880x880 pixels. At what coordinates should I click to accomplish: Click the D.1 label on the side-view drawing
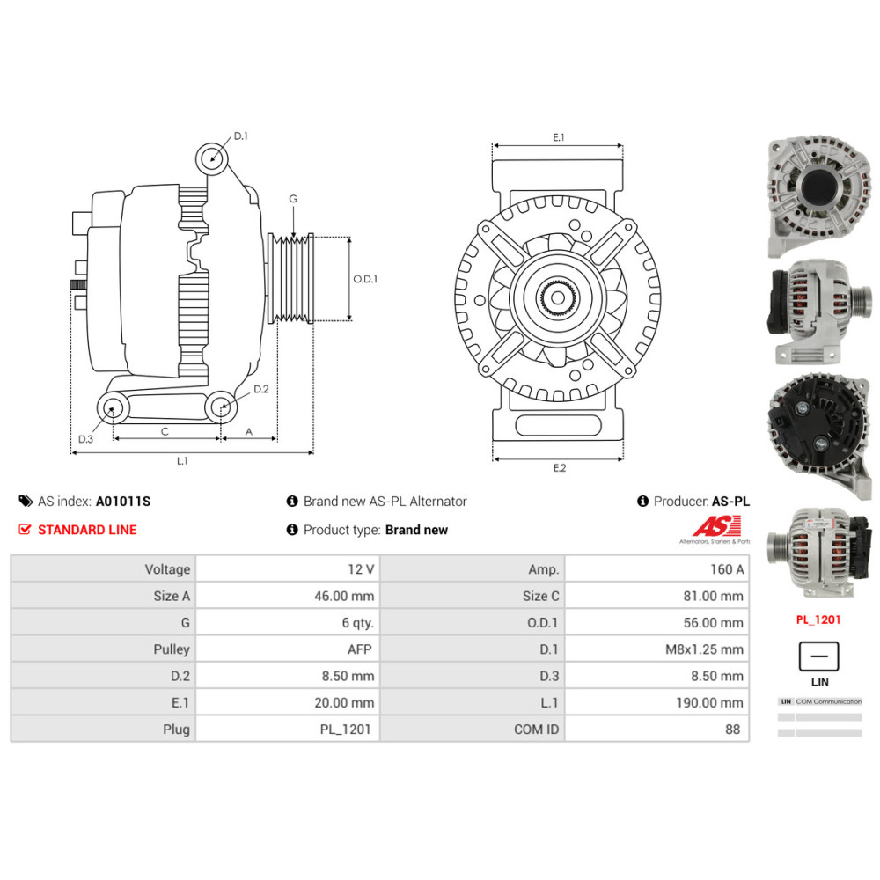click(241, 136)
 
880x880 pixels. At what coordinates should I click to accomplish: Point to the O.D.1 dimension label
click(365, 279)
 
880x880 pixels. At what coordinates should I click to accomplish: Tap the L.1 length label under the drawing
click(182, 460)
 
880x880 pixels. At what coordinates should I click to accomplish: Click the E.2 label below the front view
click(559, 468)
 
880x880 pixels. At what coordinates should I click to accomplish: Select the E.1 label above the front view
click(558, 137)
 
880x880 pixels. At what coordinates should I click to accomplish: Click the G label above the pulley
click(293, 199)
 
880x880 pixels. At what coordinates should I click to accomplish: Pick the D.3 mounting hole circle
click(112, 407)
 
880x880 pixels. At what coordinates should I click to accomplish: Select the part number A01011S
click(123, 502)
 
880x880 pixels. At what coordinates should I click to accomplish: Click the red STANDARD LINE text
click(87, 530)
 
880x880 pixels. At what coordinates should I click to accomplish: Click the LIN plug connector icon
click(818, 656)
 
